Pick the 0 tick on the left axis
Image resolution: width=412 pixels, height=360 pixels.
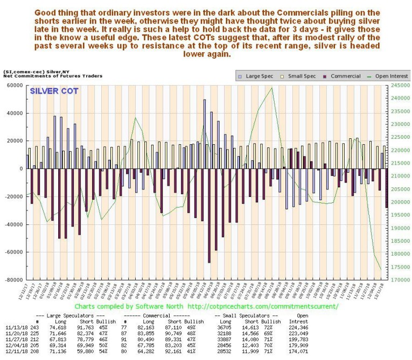point(20,169)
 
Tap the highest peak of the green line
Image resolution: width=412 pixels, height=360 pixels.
point(272,88)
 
